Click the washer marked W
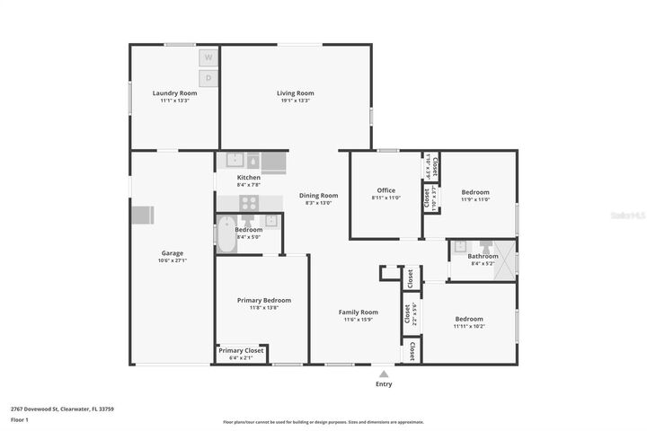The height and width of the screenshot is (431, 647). coord(208,57)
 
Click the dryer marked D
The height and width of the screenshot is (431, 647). coord(208,78)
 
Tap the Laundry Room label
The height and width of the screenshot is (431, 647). coord(174,92)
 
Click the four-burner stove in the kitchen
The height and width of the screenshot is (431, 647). coord(249,203)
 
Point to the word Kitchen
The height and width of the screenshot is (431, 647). coord(249,178)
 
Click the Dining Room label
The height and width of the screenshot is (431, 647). coord(318,195)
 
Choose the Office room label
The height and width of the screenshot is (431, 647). coord(386,190)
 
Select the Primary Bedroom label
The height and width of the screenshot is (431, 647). coord(263,300)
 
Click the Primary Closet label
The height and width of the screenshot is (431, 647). coord(241,350)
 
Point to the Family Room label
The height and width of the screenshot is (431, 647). coord(358,312)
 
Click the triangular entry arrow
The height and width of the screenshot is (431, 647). coord(384,374)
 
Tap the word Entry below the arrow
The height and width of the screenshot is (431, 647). coord(384,384)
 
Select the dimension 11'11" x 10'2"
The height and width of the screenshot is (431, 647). coord(468,326)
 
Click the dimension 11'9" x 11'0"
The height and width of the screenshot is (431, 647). coord(475,199)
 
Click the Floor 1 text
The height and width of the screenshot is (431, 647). coord(20,419)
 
